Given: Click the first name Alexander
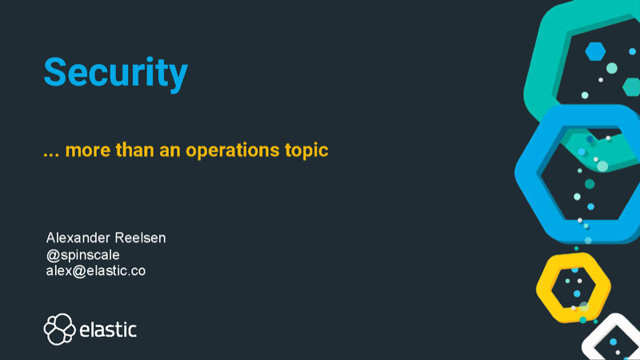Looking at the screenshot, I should tap(81, 238).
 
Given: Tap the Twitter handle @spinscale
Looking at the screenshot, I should tap(84, 254).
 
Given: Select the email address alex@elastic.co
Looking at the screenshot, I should tap(96, 270).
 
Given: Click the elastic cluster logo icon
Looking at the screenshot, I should tap(59, 329).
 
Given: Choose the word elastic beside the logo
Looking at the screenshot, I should tap(109, 329).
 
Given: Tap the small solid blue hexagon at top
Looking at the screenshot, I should tap(594, 51).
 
